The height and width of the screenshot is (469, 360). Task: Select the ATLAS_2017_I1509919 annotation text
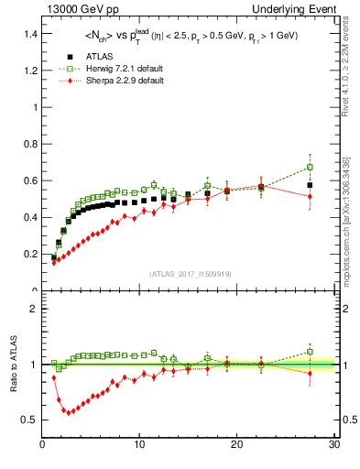pos(189,274)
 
